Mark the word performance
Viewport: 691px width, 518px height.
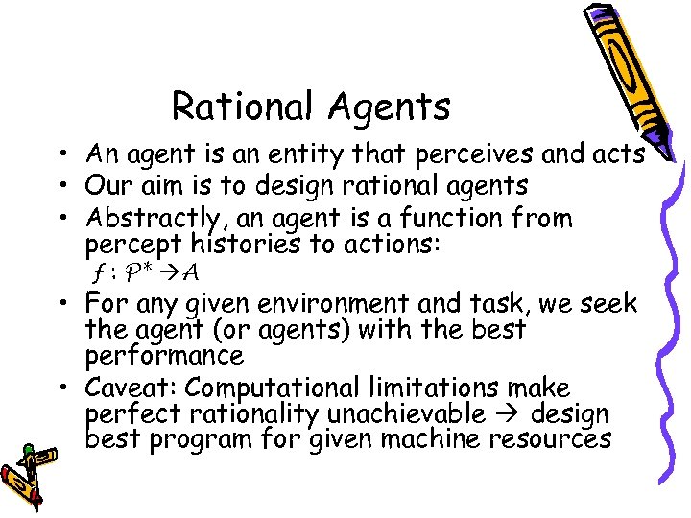[164, 356]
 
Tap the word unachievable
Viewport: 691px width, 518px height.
[406, 413]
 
